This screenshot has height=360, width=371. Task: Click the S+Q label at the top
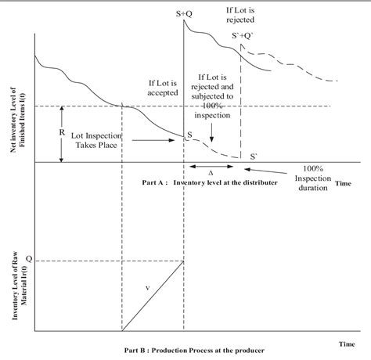(184, 14)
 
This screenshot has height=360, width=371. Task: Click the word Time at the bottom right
(348, 342)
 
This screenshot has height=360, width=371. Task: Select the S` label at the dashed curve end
(253, 156)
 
